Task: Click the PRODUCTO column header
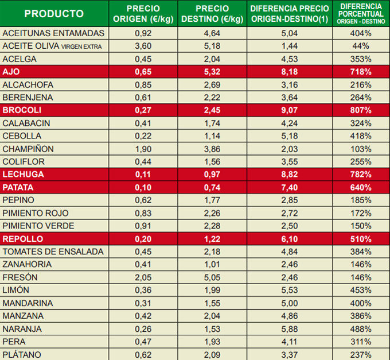pos(54,14)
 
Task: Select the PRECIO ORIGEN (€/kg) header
pos(143,14)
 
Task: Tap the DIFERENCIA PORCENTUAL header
pos(361,14)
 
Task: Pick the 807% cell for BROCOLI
pos(361,110)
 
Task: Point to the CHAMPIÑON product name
pos(28,149)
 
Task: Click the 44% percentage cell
pos(361,46)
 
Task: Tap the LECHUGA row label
pos(23,175)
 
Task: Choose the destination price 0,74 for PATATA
pos(212,187)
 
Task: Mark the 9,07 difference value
pos(290,110)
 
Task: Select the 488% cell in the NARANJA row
pos(361,328)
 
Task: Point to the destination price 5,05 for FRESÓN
pos(212,277)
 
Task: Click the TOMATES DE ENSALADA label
pos(53,251)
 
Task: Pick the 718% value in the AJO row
pos(361,72)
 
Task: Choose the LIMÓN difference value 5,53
pos(290,290)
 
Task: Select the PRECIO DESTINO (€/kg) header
pos(212,14)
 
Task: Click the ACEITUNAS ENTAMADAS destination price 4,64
pos(212,33)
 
